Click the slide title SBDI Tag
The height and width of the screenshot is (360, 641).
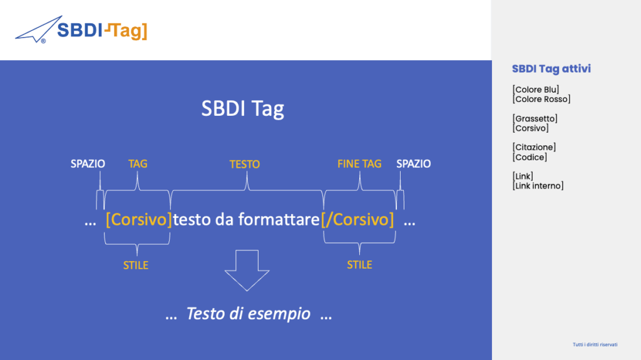242,109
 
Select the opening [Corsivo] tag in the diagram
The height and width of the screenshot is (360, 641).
138,220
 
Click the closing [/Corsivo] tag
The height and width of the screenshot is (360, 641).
357,220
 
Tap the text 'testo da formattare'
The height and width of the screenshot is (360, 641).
246,220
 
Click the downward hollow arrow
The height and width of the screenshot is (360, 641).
247,270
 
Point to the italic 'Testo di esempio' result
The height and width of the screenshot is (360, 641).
248,314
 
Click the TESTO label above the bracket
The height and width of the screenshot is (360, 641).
245,165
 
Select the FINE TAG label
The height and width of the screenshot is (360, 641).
359,164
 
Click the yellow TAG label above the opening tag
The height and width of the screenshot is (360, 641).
138,164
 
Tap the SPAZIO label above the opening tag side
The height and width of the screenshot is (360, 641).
88,164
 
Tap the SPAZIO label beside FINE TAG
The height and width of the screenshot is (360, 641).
414,164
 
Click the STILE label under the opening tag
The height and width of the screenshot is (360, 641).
136,265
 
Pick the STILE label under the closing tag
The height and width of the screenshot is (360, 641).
359,265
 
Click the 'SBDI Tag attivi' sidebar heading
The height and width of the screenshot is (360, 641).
551,69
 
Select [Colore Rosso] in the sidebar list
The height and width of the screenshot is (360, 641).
541,100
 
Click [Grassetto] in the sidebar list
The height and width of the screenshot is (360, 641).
535,118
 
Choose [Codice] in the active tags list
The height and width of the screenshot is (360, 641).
530,157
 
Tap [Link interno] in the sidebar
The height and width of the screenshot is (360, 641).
538,186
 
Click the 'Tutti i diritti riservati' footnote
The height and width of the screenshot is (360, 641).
595,345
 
